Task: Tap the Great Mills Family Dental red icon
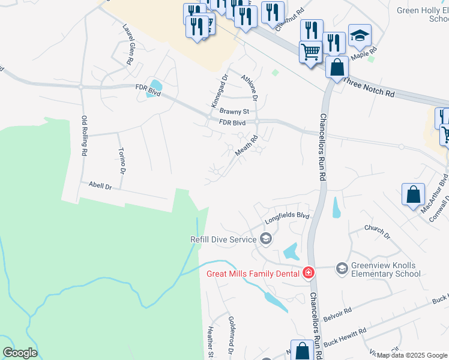point(309,273)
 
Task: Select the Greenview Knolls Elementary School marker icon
point(342,268)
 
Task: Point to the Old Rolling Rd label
point(85,136)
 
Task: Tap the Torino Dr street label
point(122,160)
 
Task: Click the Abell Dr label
point(100,187)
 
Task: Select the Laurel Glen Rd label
point(128,44)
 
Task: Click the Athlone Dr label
point(249,88)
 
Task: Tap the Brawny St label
point(234,111)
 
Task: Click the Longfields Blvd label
point(287,217)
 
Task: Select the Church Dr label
point(378,232)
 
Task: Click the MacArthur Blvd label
point(442,188)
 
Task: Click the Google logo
point(20,352)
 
